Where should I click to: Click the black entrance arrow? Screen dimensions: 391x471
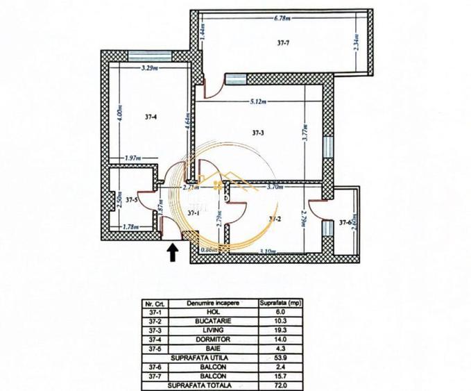pos(173,251)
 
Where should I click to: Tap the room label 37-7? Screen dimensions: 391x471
pos(283,43)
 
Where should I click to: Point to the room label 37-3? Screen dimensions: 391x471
pos(257,133)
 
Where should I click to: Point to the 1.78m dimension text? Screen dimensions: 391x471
pos(130,226)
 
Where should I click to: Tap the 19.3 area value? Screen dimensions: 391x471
pos(280,331)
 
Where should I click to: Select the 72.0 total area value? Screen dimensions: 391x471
pos(280,385)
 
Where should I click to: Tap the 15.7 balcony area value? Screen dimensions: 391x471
pos(280,376)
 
